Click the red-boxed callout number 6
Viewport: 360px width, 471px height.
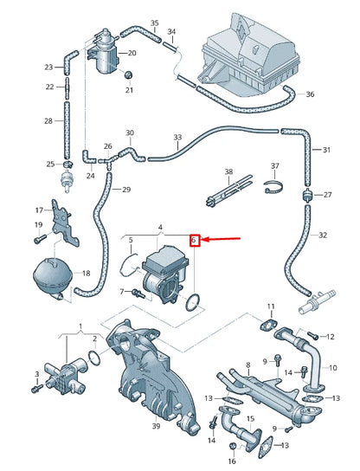[196, 240]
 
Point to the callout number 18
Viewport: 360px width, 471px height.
[85, 274]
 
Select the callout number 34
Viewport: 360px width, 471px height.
[171, 32]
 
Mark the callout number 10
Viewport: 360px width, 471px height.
[332, 366]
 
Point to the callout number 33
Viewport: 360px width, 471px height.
[177, 138]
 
